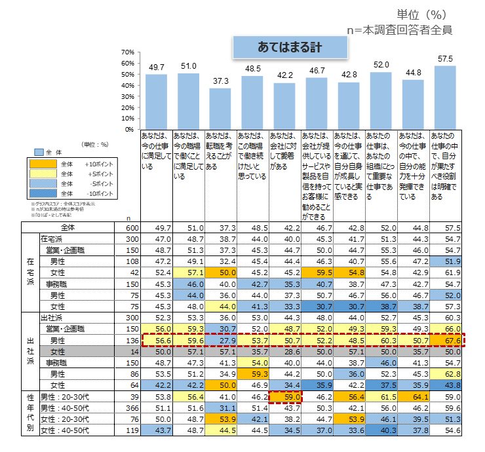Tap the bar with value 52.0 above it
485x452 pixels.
point(381,100)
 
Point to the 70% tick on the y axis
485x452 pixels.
point(128,52)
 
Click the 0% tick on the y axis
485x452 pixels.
point(129,129)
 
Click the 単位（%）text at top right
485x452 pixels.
point(424,14)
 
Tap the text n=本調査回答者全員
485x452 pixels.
point(399,29)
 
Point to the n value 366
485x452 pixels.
point(129,407)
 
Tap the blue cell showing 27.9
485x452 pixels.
point(220,341)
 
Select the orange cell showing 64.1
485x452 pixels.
point(413,396)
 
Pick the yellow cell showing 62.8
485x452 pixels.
point(445,374)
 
